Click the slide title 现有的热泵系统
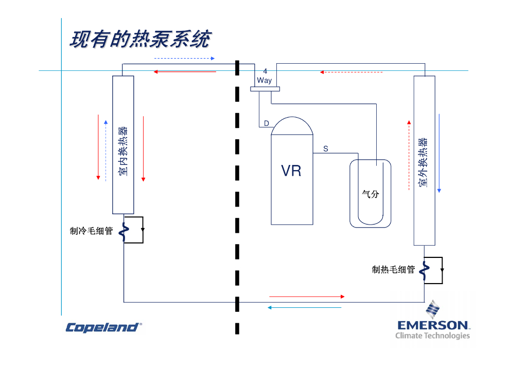(x=140, y=40)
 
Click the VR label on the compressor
(x=291, y=171)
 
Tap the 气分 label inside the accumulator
(x=371, y=194)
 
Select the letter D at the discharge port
(x=266, y=123)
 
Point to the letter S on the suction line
(x=326, y=149)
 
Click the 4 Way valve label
(x=265, y=76)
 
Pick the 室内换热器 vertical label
(x=123, y=152)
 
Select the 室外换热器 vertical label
(x=423, y=162)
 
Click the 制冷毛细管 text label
(x=91, y=231)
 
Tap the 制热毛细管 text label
(x=393, y=270)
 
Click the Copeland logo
(x=103, y=327)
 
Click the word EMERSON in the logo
(x=433, y=325)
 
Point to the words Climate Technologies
(x=432, y=336)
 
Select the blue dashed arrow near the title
(x=184, y=59)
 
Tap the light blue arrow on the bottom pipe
(x=304, y=308)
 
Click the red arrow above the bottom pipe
(x=307, y=296)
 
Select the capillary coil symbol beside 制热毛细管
(x=425, y=270)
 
